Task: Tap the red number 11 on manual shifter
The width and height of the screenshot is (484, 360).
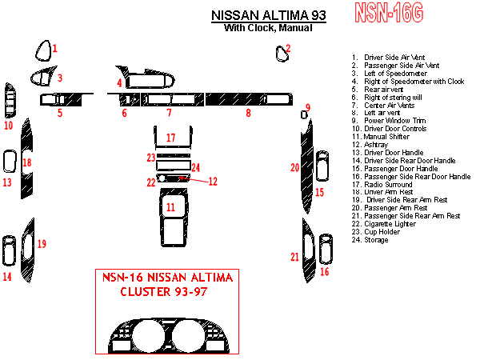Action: pyautogui.click(x=170, y=207)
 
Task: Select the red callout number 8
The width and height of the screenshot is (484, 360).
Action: pyautogui.click(x=248, y=114)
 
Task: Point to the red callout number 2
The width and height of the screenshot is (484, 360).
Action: pyautogui.click(x=288, y=48)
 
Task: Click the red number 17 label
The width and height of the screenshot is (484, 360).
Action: pyautogui.click(x=170, y=138)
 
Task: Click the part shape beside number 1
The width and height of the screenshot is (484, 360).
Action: pyautogui.click(x=42, y=52)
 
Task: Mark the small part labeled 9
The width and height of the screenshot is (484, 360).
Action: pyautogui.click(x=304, y=115)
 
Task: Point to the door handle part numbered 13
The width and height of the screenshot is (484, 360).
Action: pyautogui.click(x=10, y=162)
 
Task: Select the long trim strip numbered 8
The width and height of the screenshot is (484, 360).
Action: pyautogui.click(x=248, y=99)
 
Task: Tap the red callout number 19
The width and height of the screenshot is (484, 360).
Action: pyautogui.click(x=42, y=243)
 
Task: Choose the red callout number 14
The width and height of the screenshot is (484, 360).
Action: pyautogui.click(x=7, y=277)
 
